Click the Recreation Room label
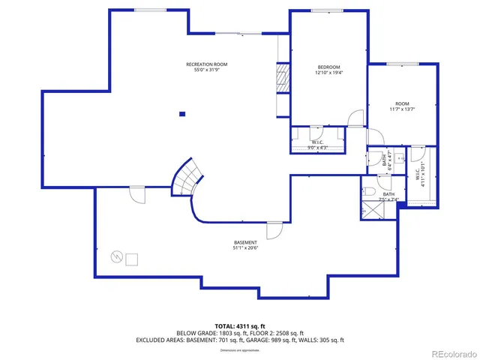click(206, 64)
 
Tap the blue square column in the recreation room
click(181, 114)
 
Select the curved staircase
click(188, 177)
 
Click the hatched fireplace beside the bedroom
click(283, 77)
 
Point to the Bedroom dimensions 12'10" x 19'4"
click(328, 73)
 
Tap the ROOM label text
click(402, 103)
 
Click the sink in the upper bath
click(400, 158)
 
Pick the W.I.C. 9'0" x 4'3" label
click(318, 144)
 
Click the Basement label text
click(245, 242)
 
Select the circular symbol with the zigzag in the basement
click(116, 257)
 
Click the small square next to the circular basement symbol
click(132, 259)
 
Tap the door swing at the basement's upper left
click(136, 194)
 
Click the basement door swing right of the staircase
click(274, 229)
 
